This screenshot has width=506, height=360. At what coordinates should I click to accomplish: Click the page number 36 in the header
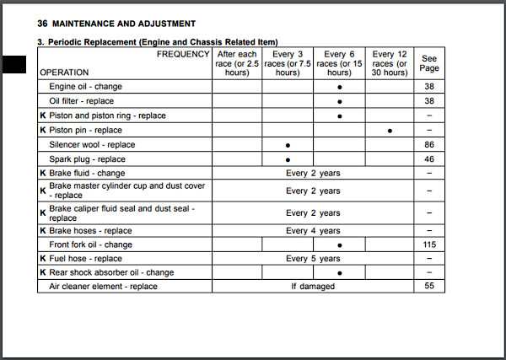click(x=42, y=23)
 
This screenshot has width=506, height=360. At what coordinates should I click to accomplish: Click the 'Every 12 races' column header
click(x=390, y=63)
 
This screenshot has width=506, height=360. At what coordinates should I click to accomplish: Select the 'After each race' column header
click(x=236, y=63)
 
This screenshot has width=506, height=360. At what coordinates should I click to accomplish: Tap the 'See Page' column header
click(x=430, y=63)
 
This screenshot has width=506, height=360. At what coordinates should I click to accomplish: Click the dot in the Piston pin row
click(x=390, y=131)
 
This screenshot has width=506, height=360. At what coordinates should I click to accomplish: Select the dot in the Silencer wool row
click(x=288, y=145)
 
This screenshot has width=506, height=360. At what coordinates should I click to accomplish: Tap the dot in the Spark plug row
click(x=288, y=159)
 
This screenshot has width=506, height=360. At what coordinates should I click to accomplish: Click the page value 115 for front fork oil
click(x=430, y=244)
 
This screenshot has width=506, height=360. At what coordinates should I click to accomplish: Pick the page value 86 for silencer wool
click(x=430, y=145)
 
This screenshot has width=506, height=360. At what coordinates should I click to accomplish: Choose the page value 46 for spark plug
click(x=430, y=159)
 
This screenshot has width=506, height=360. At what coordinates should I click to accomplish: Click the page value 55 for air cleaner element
click(x=430, y=287)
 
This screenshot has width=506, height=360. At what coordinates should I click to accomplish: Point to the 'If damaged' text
click(x=313, y=287)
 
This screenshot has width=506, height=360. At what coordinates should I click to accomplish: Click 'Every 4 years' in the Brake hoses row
click(x=313, y=231)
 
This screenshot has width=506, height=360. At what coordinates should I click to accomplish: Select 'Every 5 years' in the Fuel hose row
click(x=313, y=259)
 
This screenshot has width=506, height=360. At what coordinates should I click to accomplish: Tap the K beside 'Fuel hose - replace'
click(x=42, y=259)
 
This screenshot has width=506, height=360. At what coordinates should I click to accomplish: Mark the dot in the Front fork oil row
click(x=339, y=245)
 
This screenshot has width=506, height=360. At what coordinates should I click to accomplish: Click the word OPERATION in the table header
click(x=64, y=73)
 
